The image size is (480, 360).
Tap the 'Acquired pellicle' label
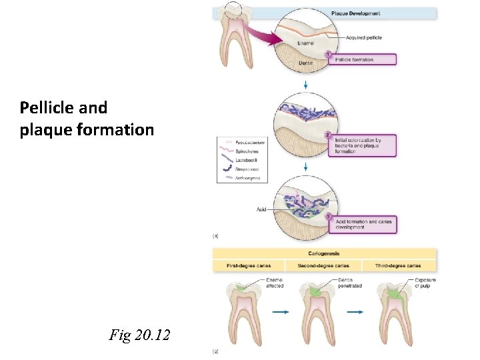[363, 37]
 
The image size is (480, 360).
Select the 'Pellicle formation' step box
[364, 59]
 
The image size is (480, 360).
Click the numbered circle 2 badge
[327, 135]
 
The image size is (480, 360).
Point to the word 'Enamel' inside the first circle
[306, 43]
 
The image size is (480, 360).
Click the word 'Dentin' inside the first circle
[305, 64]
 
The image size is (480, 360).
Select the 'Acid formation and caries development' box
[364, 223]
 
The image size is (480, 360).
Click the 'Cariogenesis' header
[325, 254]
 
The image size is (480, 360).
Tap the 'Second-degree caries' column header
[324, 266]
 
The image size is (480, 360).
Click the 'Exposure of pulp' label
[425, 283]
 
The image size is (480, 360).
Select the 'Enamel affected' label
[275, 283]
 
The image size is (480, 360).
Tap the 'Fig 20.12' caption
[139, 335]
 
